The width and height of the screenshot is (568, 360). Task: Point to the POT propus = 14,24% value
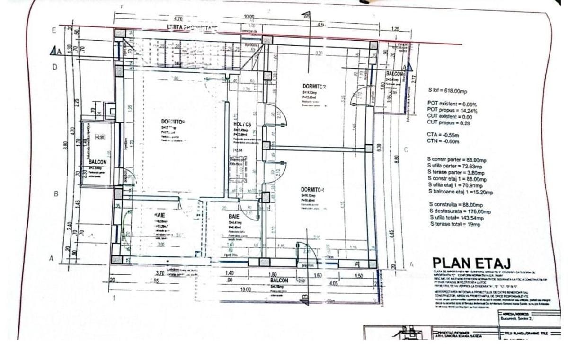point(452,111)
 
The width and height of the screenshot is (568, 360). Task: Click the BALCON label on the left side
point(98,161)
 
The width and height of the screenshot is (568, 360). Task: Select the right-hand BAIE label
point(235,216)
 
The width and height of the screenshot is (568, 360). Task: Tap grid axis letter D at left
point(54,67)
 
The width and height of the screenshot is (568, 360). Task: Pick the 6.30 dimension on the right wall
point(378,147)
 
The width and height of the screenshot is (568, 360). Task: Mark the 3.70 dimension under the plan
point(160,273)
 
